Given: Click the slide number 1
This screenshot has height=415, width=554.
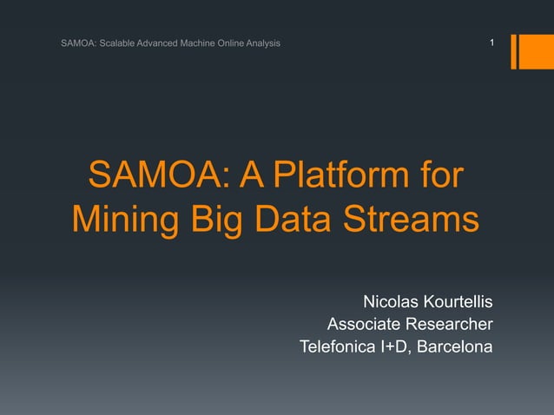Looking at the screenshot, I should pyautogui.click(x=491, y=43).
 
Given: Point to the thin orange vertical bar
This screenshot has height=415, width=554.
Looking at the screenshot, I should pyautogui.click(x=514, y=51).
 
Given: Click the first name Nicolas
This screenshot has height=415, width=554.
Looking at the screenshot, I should pyautogui.click(x=388, y=302).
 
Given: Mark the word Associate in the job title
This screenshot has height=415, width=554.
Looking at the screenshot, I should pyautogui.click(x=362, y=325).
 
